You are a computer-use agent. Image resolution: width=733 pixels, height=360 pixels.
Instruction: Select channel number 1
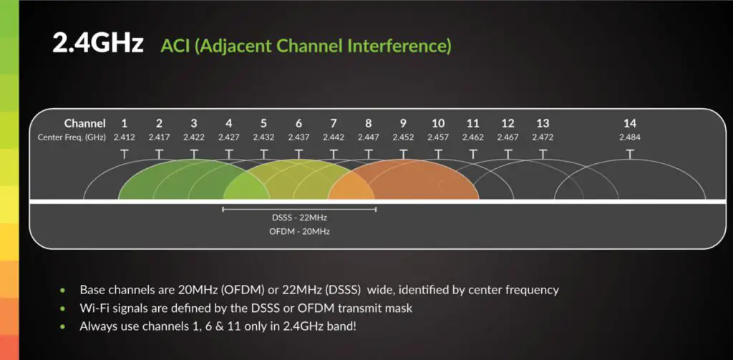[124, 123]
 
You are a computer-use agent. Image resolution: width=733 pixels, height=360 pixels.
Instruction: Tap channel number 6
[298, 123]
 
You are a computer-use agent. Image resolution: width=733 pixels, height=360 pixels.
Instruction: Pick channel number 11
[472, 123]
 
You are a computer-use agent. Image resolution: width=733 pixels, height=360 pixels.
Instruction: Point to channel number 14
[630, 123]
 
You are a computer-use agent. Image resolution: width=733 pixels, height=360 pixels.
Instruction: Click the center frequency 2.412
[124, 137]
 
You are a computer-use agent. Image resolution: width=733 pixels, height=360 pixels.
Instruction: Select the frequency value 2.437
[298, 137]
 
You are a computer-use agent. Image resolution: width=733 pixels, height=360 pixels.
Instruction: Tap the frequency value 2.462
[472, 137]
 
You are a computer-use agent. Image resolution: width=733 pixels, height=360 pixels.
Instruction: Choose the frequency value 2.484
[630, 137]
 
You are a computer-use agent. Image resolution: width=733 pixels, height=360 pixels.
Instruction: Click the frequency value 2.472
[543, 137]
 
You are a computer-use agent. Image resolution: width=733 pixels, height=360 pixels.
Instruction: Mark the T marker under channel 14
[630, 153]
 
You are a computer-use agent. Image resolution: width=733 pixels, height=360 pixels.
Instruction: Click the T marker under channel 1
[124, 153]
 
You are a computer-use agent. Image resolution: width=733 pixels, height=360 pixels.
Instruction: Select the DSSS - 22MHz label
[298, 217]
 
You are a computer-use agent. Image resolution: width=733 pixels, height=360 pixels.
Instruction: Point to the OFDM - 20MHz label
[298, 232]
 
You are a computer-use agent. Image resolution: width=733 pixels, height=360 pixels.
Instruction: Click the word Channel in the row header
[84, 123]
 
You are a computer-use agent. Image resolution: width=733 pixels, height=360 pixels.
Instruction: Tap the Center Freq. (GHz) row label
[72, 137]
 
